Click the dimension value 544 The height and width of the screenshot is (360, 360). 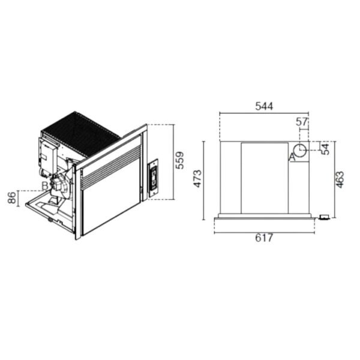pos(264,106)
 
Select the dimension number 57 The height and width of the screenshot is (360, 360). pos(301,122)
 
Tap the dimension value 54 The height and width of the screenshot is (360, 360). pos(325,149)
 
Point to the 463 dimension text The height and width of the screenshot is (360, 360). pos(340,179)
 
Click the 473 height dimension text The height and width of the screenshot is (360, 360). pos(197,179)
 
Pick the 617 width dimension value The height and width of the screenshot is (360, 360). pos(264,238)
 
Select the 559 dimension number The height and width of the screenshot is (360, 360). pos(179,160)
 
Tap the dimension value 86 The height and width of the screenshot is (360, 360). pos(12,197)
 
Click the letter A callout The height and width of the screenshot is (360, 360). pos(292,157)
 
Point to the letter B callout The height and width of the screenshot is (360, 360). pos(45,186)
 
